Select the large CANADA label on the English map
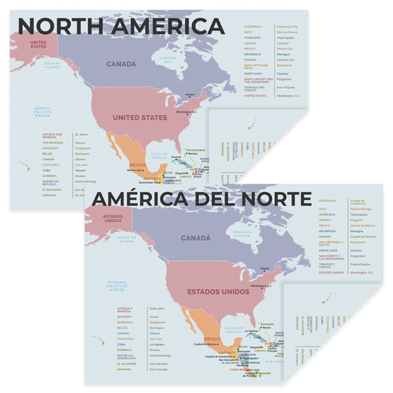tap(120, 64)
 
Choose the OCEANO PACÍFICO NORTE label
tap(117, 285)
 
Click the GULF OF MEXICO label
tap(159, 156)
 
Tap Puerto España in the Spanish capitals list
tap(361, 264)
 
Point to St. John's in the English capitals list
tap(81, 134)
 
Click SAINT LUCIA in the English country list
tap(253, 73)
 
